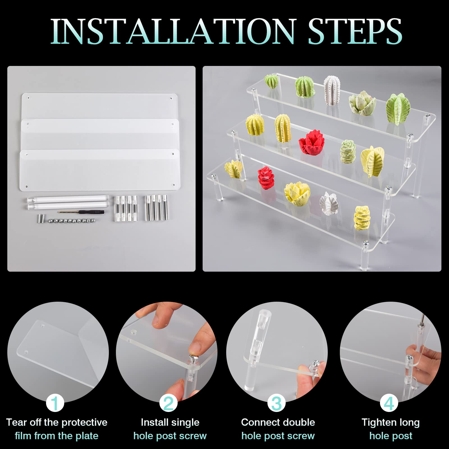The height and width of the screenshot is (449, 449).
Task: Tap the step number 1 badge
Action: [x=55, y=403]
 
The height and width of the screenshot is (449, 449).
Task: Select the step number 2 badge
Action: [x=168, y=403]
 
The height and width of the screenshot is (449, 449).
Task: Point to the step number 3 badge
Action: [x=276, y=403]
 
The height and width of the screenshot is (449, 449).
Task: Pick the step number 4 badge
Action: [x=389, y=403]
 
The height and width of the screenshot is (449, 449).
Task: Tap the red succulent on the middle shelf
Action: [x=312, y=143]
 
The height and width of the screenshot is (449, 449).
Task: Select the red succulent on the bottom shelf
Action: [x=266, y=178]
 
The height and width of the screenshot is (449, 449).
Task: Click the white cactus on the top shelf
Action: [x=332, y=90]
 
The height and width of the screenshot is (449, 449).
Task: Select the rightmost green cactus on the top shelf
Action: [x=398, y=109]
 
